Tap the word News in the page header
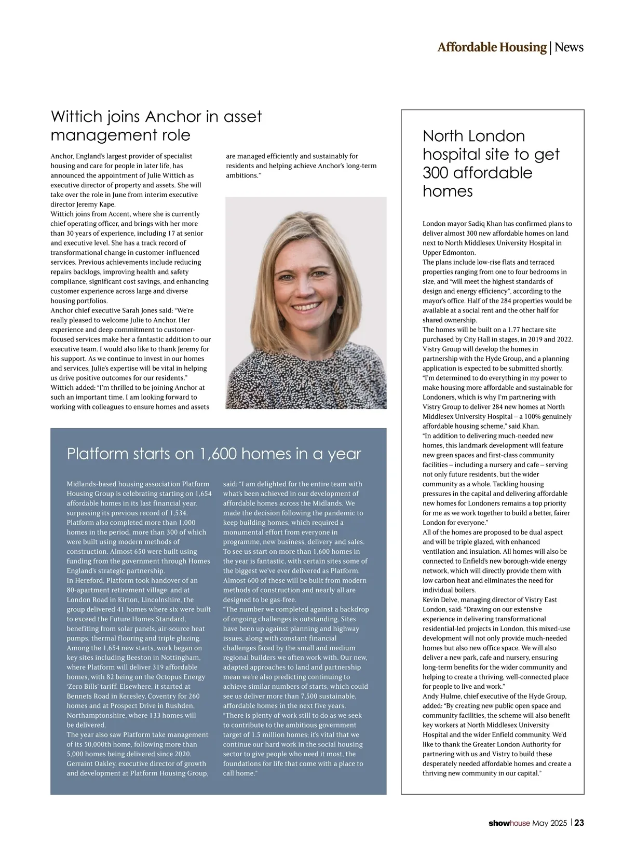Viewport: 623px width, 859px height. click(568, 47)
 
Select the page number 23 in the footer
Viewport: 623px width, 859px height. click(579, 823)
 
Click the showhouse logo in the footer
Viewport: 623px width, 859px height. click(509, 823)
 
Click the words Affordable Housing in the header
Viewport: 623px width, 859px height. click(492, 47)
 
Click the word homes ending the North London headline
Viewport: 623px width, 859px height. click(448, 192)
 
